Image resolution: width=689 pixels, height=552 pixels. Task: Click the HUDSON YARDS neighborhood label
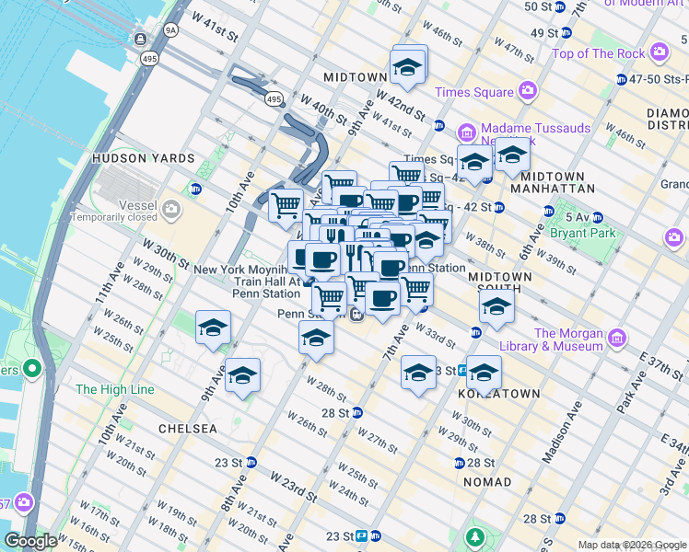coord(143,158)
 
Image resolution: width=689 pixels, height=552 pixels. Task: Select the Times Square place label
coord(473,92)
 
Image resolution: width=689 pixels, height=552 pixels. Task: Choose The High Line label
coord(114,389)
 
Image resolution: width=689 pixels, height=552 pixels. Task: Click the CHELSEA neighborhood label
coord(187,429)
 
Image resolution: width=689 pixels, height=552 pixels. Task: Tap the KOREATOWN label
coord(498,393)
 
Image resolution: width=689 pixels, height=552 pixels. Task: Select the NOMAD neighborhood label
coord(488,482)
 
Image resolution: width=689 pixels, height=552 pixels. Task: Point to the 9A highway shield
coord(169,30)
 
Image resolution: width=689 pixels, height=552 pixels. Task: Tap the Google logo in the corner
coord(30,541)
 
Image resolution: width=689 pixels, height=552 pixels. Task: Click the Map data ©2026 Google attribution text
coord(632,545)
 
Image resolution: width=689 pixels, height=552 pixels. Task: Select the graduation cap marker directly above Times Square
coord(406,67)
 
